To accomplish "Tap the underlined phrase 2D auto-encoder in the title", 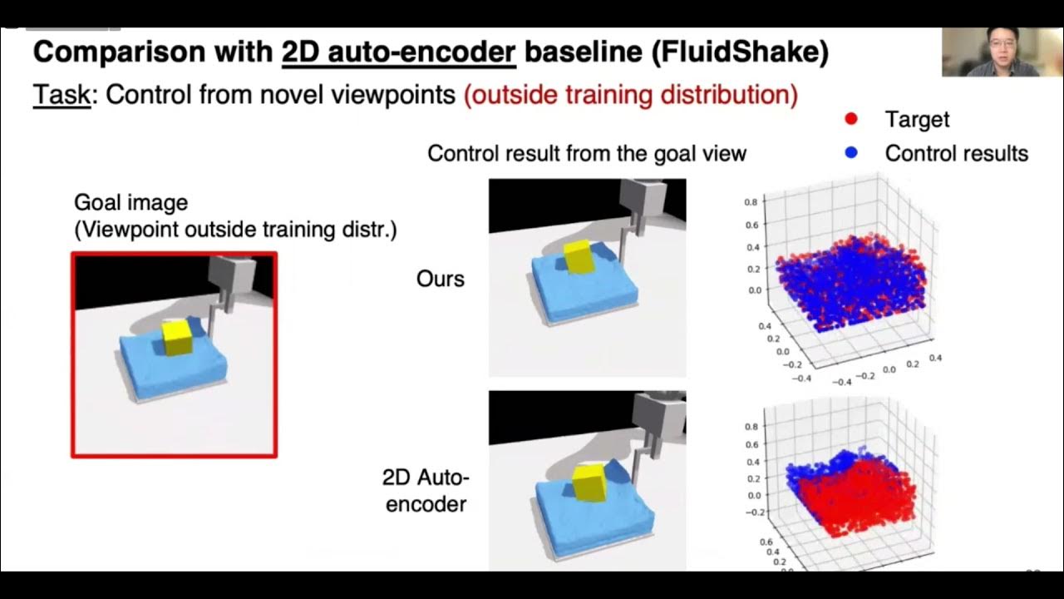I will (399, 52).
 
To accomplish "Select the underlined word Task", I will (61, 94).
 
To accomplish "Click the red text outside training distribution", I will (631, 94).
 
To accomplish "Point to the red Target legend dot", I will (850, 120).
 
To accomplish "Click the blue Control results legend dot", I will (850, 153).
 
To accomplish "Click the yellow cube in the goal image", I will (177, 337).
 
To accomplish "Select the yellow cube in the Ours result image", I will (577, 257).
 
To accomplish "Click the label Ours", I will (440, 279).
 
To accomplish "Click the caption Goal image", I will (131, 202).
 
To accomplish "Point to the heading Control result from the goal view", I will (587, 153).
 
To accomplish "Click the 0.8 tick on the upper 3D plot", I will (750, 202).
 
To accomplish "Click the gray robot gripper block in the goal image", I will (224, 272).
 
